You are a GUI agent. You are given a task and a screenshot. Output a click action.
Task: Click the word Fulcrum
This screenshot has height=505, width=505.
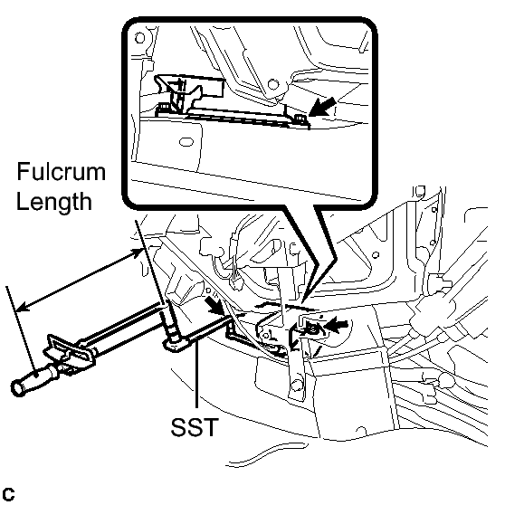pyautogui.click(x=62, y=171)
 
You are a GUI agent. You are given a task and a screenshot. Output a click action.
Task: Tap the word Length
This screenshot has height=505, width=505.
pyautogui.click(x=54, y=202)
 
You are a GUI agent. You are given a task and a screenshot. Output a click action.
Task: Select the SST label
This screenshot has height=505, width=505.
pyautogui.click(x=195, y=427)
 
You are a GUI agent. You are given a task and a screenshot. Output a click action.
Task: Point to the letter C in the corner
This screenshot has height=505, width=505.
pyautogui.click(x=8, y=494)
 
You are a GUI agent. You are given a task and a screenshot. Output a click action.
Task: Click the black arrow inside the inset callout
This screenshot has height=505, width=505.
pyautogui.click(x=322, y=108)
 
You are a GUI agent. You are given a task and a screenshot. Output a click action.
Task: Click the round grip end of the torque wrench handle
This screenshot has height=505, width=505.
pyautogui.click(x=18, y=387)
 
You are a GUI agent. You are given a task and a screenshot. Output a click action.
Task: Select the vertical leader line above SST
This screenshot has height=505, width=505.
pyautogui.click(x=196, y=377)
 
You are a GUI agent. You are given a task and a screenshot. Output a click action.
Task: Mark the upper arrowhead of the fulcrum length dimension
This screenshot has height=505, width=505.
pyautogui.click(x=137, y=252)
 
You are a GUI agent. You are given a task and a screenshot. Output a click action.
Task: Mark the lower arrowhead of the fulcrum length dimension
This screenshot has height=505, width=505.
pyautogui.click(x=22, y=307)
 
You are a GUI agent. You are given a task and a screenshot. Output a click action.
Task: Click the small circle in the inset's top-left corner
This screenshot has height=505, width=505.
pyautogui.click(x=139, y=38)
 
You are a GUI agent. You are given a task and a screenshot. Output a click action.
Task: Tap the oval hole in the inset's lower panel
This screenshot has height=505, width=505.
pyautogui.click(x=186, y=142)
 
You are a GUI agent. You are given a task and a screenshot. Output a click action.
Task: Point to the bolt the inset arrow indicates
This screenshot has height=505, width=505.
pyautogui.click(x=300, y=119)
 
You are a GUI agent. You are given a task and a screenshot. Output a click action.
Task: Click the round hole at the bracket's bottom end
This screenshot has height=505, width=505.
pyautogui.click(x=297, y=385)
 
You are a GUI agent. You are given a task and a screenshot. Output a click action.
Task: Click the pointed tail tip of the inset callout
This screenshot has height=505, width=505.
pyautogui.click(x=302, y=303)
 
